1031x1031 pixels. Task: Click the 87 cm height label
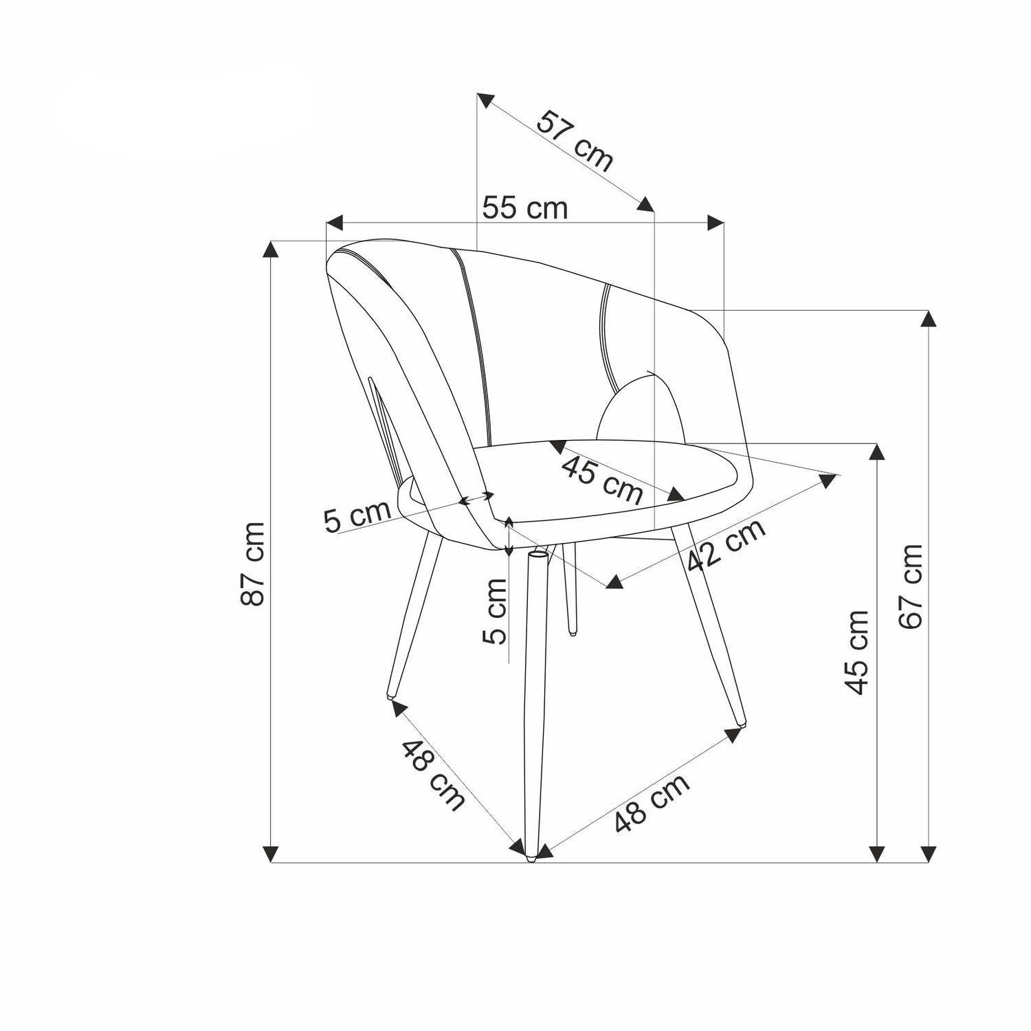click(253, 564)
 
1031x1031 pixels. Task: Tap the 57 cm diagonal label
click(575, 140)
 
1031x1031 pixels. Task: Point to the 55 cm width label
click(525, 208)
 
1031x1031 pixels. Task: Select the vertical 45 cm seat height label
click(857, 652)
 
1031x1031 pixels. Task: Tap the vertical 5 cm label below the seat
click(495, 611)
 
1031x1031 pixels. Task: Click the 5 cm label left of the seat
click(357, 516)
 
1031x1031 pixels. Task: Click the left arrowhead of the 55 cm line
click(334, 223)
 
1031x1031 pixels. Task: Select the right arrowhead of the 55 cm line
click(716, 223)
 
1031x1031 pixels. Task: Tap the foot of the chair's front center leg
click(531, 857)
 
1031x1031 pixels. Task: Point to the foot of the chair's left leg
click(391, 696)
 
